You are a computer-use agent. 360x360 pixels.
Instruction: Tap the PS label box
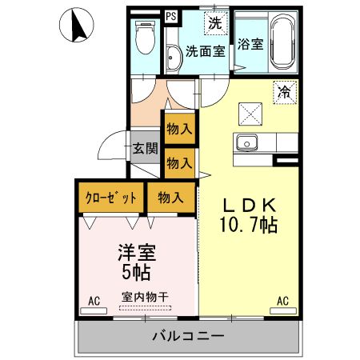tap(171, 15)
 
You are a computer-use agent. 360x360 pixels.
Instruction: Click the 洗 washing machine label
tap(214, 24)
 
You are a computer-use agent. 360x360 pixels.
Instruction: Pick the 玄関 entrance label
tap(145, 149)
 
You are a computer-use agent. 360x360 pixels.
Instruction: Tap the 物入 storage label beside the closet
tap(171, 197)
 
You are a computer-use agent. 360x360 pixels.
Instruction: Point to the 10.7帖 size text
tap(249, 226)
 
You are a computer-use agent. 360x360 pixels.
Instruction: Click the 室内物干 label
tap(145, 297)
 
